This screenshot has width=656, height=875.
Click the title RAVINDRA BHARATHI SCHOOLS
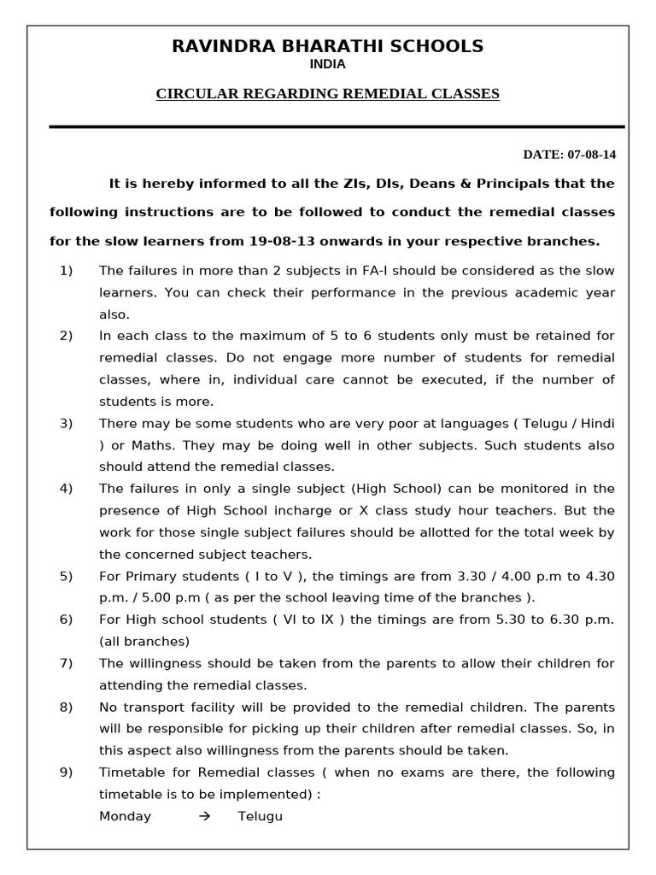[x=328, y=46]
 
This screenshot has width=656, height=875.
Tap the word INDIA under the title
[x=328, y=64]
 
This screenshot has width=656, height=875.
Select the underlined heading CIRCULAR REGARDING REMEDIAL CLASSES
[x=327, y=94]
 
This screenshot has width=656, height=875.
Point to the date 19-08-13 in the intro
[x=279, y=241]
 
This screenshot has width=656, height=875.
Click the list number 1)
[x=66, y=271]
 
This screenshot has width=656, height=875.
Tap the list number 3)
[x=66, y=423]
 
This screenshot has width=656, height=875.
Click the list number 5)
[x=66, y=576]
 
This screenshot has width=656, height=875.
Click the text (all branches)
[x=144, y=641]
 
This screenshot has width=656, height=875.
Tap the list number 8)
[x=66, y=707]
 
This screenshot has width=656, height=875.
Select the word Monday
[x=125, y=816]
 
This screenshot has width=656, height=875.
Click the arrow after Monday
[x=204, y=816]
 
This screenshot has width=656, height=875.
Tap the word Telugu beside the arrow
[x=260, y=816]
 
